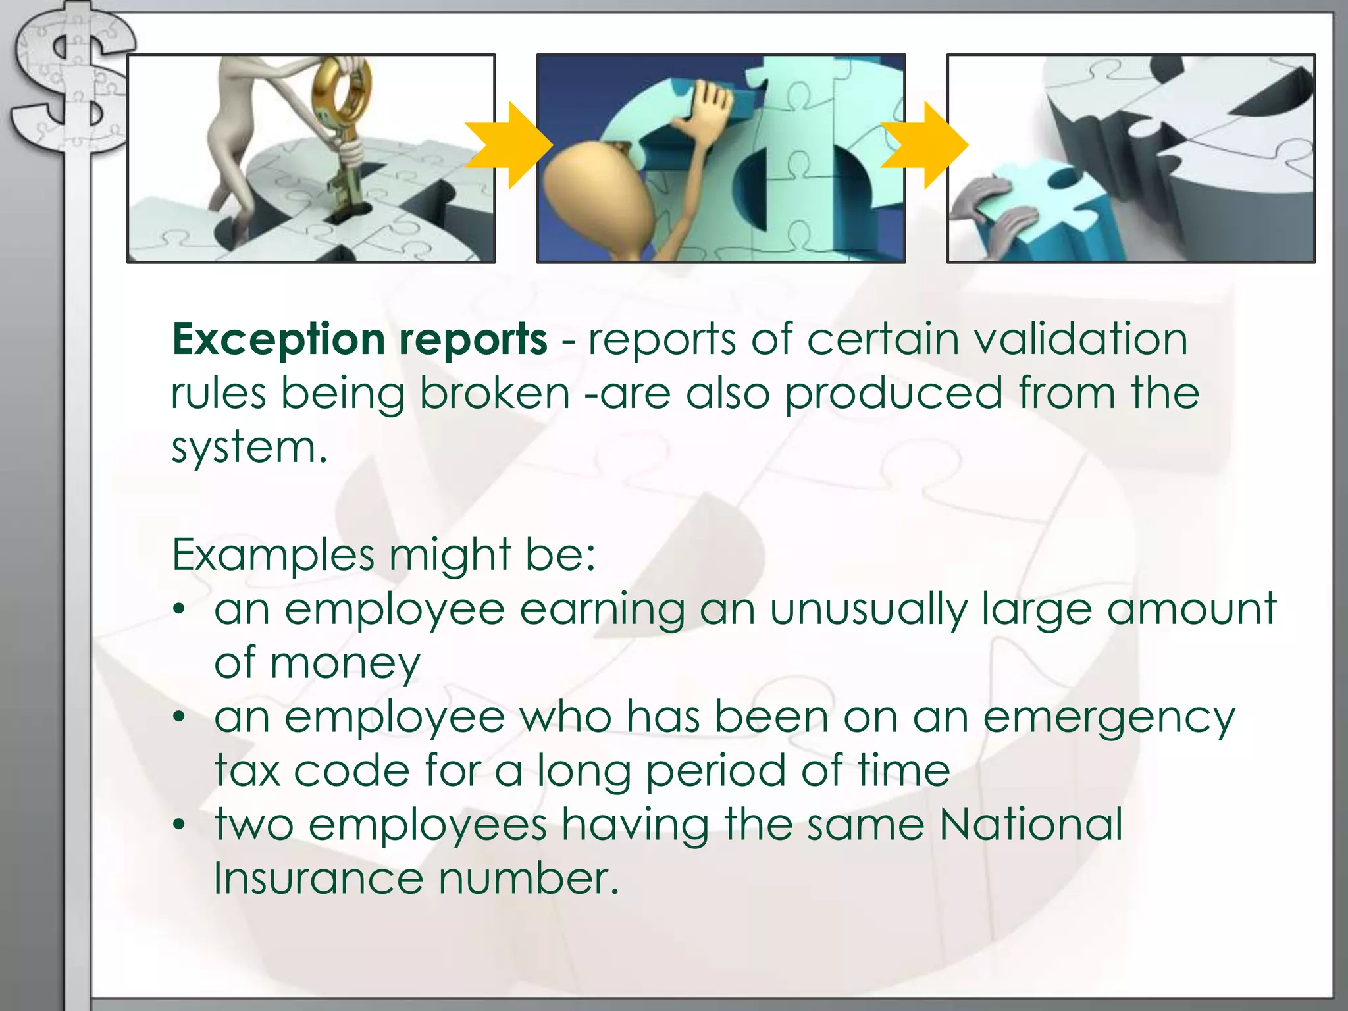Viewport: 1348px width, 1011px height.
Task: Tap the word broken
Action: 494,394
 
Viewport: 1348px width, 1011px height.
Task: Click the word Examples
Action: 272,556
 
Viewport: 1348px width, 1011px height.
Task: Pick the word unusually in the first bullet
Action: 868,609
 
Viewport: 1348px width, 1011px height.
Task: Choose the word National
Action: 1031,825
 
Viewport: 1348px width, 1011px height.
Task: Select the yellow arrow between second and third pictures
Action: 925,145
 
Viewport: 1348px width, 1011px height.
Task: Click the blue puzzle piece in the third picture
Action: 1040,211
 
